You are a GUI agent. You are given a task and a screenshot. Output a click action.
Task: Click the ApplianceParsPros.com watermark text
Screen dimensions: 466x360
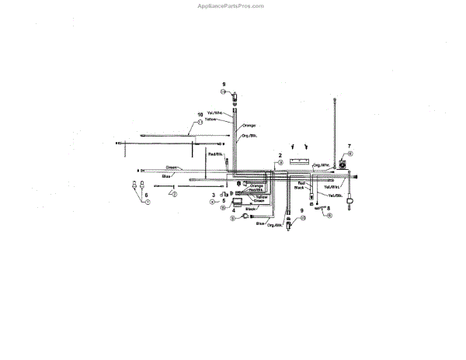click(x=232, y=5)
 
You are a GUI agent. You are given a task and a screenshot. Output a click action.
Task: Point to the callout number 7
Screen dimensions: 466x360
click(x=349, y=146)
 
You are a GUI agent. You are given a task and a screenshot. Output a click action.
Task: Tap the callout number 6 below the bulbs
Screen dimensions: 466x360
click(x=144, y=194)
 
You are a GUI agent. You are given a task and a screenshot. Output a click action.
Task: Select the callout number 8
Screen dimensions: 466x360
click(x=329, y=208)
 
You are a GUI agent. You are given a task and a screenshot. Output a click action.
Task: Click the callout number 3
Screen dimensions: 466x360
click(x=214, y=195)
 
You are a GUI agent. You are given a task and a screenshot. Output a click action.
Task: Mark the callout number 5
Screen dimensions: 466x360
click(x=224, y=200)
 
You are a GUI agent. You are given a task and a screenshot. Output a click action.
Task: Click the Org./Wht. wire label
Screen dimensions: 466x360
click(x=320, y=165)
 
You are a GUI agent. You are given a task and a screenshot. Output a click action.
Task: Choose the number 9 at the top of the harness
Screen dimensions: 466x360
click(x=223, y=84)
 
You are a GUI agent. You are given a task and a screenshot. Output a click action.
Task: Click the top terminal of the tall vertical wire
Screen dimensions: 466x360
click(x=334, y=99)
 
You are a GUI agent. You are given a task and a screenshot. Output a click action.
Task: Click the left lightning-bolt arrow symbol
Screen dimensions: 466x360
click(x=292, y=145)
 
